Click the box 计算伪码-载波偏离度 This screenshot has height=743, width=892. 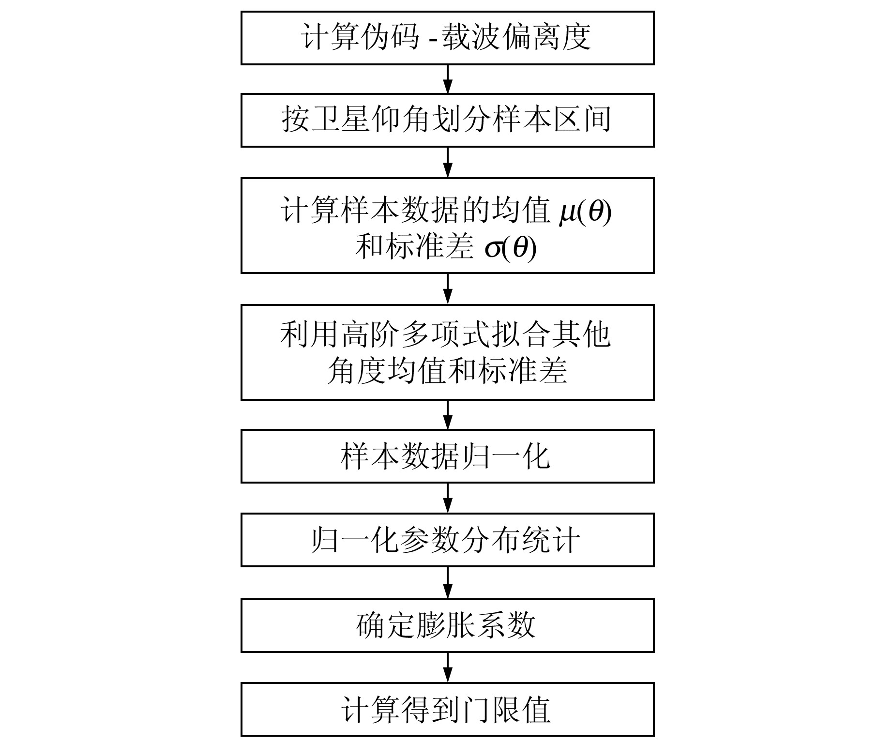(447, 38)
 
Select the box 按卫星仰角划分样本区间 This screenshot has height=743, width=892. (447, 120)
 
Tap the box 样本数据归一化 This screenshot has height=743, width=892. (447, 456)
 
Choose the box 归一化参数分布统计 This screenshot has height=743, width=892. (447, 540)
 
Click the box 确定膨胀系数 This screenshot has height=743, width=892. (447, 625)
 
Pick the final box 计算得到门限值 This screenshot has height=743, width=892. (447, 710)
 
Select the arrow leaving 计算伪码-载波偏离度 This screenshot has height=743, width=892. (448, 79)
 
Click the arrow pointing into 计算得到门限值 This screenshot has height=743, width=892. (448, 667)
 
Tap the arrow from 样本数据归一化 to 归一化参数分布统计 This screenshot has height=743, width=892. (448, 498)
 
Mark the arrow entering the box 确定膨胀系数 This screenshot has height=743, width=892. (448, 583)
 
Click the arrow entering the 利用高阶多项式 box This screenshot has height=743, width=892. (448, 289)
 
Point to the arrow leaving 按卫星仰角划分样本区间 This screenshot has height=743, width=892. (448, 162)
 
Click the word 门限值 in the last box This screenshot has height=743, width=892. (507, 710)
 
